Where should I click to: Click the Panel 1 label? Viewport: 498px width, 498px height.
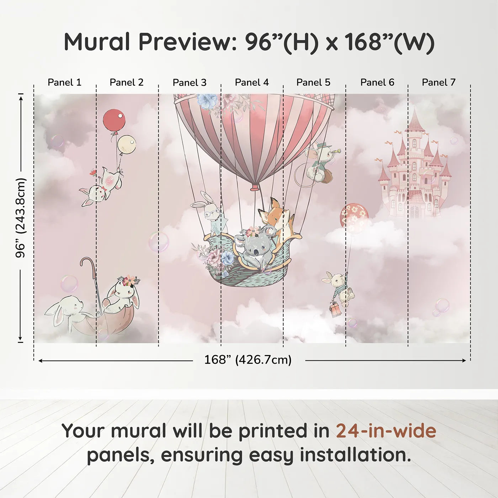click(x=64, y=83)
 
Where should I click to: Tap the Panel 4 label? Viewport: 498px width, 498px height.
click(x=252, y=83)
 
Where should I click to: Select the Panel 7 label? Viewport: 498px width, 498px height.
click(x=439, y=83)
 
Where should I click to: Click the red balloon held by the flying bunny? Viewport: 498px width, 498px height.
click(x=114, y=120)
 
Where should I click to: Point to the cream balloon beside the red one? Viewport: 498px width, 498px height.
click(x=127, y=144)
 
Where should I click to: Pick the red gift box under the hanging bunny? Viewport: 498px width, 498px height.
click(x=335, y=309)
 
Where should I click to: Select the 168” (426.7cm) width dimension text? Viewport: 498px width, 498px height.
click(x=248, y=360)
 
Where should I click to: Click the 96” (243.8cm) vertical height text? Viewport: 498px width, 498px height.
click(x=21, y=218)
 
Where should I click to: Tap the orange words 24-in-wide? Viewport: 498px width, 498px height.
click(x=386, y=431)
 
